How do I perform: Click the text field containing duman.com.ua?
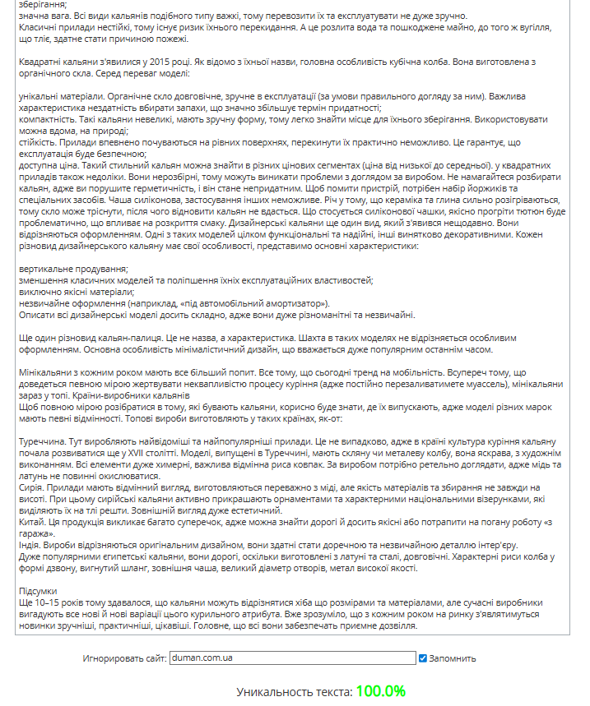click(292, 658)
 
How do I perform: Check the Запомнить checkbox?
click(423, 658)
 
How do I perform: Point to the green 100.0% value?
click(381, 691)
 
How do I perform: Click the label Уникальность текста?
click(294, 692)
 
